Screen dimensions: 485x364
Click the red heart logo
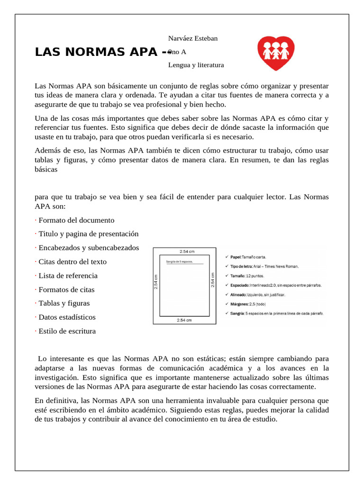276,53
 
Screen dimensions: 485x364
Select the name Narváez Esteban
193,38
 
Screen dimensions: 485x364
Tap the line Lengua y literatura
196,65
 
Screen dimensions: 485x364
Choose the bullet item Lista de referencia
68,276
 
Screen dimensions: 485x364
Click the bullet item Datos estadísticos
67,317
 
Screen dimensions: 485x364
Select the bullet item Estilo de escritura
67,331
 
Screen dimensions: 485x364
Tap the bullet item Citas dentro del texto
72,261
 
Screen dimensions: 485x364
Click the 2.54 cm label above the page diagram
187,251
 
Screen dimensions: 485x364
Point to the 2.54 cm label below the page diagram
184,321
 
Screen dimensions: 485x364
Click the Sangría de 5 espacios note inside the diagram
180,261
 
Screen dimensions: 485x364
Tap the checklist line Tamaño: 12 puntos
247,275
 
